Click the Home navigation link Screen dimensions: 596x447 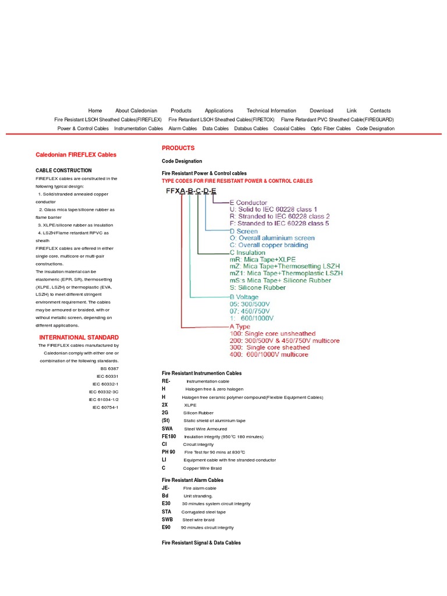click(x=95, y=111)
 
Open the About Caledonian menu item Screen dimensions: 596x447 click(x=136, y=111)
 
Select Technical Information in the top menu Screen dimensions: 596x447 click(x=271, y=111)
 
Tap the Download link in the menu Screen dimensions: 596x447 click(x=321, y=111)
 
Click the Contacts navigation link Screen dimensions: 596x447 click(x=380, y=111)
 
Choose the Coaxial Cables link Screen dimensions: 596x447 click(x=289, y=129)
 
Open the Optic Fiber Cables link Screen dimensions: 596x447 click(x=331, y=129)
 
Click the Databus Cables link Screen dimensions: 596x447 click(x=251, y=129)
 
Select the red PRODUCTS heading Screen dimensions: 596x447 click(x=178, y=148)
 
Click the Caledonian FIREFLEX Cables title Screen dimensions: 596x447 click(x=76, y=155)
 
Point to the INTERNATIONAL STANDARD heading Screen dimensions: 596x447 click(x=79, y=338)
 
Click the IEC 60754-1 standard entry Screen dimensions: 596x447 click(x=105, y=407)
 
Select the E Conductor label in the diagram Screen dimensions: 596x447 click(x=249, y=203)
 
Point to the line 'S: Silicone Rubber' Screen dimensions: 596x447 click(x=258, y=288)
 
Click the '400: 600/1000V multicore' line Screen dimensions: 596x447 click(x=269, y=354)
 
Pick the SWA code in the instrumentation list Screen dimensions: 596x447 click(x=167, y=428)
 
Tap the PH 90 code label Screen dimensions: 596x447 click(x=168, y=452)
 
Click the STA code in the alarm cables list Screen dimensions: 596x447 click(x=167, y=512)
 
